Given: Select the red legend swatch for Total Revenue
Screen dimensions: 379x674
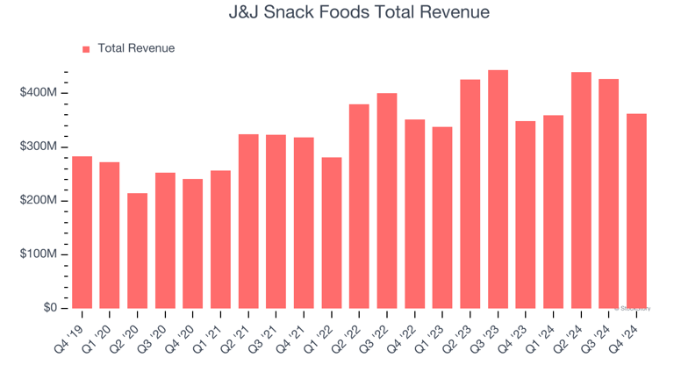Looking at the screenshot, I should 86,49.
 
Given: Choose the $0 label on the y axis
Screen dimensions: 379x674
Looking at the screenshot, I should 49,308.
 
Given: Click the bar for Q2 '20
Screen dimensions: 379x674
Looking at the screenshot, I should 138,251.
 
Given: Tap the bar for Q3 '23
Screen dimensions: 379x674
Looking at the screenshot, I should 498,189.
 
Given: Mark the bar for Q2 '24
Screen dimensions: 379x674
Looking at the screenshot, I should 581,190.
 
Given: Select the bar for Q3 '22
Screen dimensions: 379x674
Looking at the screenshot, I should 387,201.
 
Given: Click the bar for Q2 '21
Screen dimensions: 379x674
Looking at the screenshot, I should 248,221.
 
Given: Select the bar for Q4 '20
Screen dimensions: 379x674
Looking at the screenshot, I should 193,244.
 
